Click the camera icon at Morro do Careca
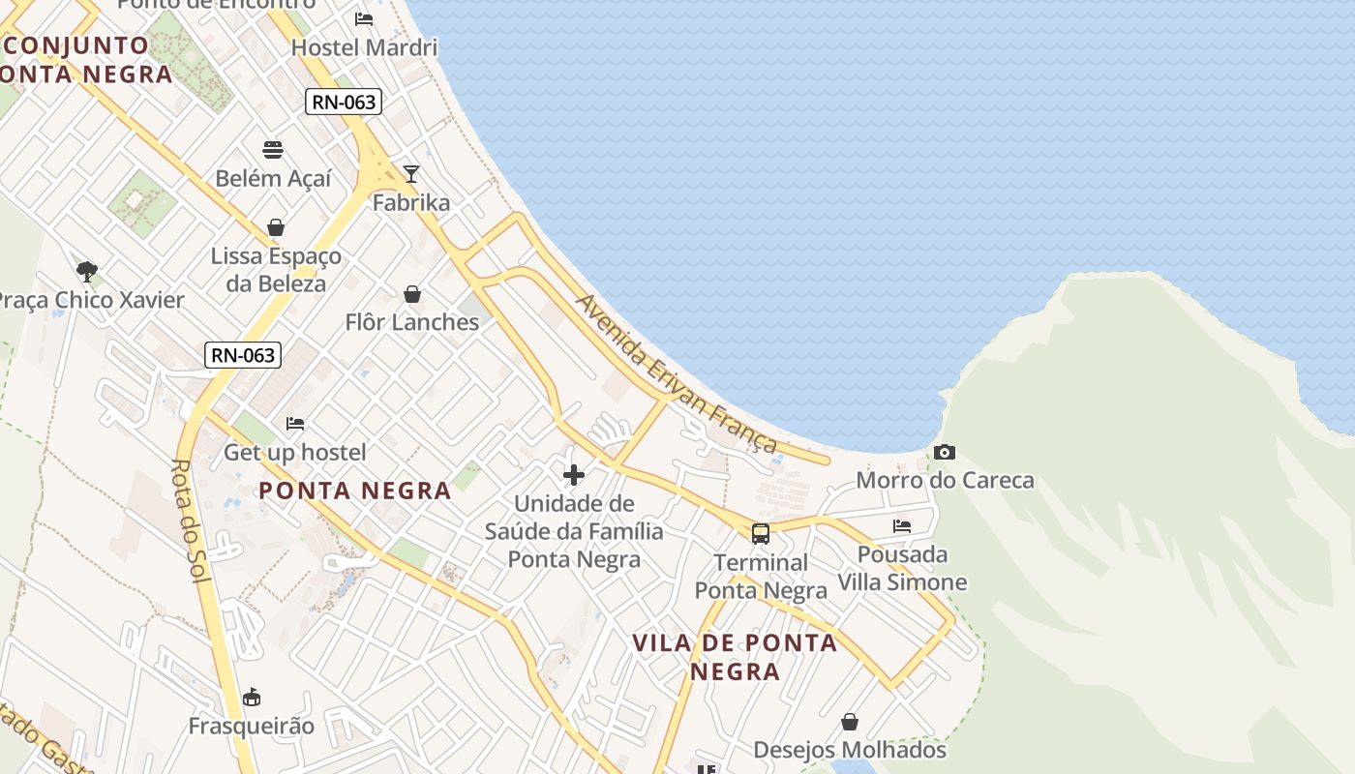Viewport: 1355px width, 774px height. pyautogui.click(x=945, y=453)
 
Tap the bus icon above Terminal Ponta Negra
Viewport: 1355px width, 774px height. pyautogui.click(x=761, y=533)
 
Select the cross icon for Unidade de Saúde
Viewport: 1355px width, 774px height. pyautogui.click(x=574, y=474)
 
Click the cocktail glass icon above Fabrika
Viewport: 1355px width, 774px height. pyautogui.click(x=411, y=174)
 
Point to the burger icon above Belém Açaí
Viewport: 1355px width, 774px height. pyautogui.click(x=273, y=150)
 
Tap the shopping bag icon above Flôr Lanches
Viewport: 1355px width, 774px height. pyautogui.click(x=412, y=294)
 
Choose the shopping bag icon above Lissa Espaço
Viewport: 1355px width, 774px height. pyautogui.click(x=276, y=228)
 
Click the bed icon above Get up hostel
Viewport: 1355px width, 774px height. pyautogui.click(x=295, y=424)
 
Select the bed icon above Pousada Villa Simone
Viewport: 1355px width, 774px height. pyautogui.click(x=902, y=526)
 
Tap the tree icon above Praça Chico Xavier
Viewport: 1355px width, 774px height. pyautogui.click(x=87, y=271)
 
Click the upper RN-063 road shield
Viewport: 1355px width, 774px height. pyautogui.click(x=344, y=102)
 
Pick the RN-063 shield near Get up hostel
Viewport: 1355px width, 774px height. pyautogui.click(x=243, y=355)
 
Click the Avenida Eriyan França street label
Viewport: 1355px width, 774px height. pyautogui.click(x=677, y=373)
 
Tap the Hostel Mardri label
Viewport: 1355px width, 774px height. pyautogui.click(x=364, y=47)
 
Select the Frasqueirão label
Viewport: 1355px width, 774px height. pyautogui.click(x=252, y=726)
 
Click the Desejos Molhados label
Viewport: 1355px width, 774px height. pyautogui.click(x=849, y=750)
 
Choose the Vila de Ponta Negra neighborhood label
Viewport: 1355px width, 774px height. pyautogui.click(x=735, y=657)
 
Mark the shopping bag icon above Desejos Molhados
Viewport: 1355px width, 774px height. pyautogui.click(x=850, y=722)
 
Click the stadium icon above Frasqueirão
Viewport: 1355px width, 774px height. pyautogui.click(x=252, y=697)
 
